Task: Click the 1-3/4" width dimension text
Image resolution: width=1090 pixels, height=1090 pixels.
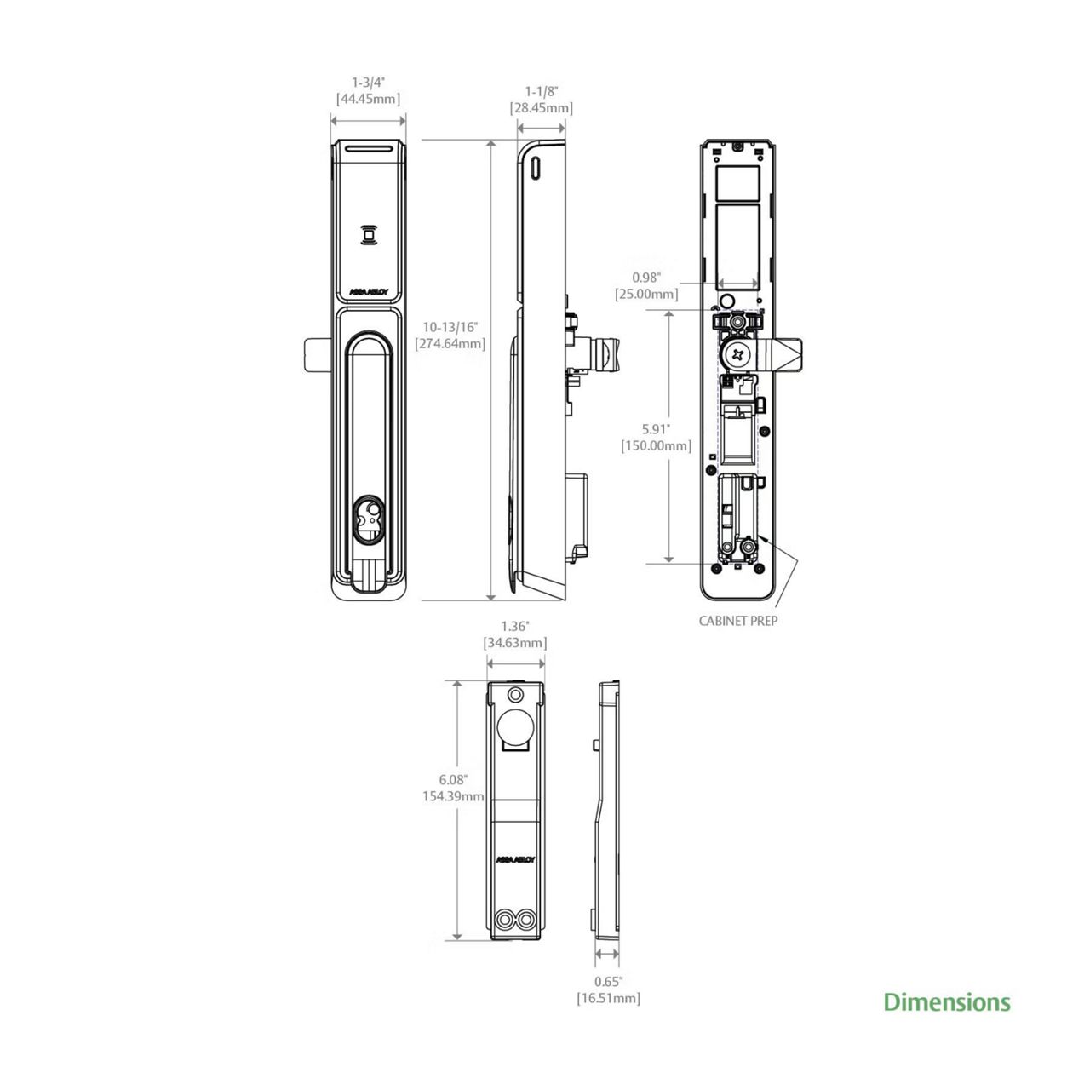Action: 368,83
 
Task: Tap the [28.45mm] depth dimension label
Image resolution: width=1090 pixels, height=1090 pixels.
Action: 542,108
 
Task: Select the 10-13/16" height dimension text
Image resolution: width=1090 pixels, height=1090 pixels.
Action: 450,327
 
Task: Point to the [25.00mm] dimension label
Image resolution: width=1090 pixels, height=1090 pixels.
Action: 646,294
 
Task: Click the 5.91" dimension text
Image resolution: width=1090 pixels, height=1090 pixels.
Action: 656,429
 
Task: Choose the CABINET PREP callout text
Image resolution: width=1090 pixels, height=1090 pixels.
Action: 737,621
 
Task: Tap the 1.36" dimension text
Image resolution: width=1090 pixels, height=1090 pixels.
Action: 514,627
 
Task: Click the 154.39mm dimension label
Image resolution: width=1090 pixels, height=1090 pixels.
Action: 453,796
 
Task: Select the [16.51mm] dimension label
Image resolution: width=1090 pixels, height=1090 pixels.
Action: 608,998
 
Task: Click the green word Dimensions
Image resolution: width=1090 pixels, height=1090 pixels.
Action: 946,1002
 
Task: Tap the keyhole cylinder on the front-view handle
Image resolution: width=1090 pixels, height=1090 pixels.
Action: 368,520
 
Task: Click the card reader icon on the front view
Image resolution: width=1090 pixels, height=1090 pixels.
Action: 368,234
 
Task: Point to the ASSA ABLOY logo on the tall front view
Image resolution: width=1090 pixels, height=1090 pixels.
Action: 368,291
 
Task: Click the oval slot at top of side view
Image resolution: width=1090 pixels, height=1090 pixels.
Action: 535,168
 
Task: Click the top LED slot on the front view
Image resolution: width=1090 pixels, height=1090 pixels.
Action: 368,148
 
